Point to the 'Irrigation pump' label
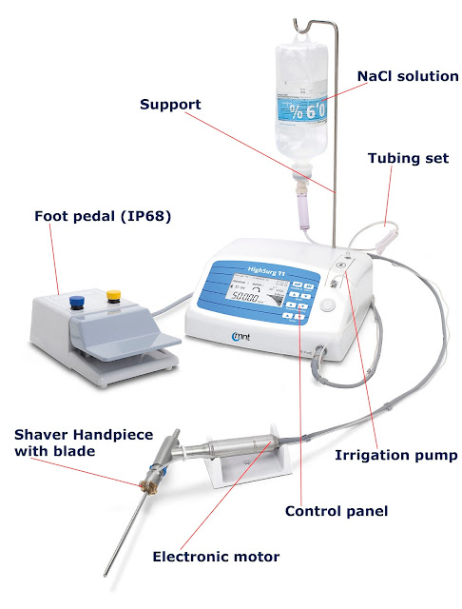396,456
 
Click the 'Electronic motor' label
216,554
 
